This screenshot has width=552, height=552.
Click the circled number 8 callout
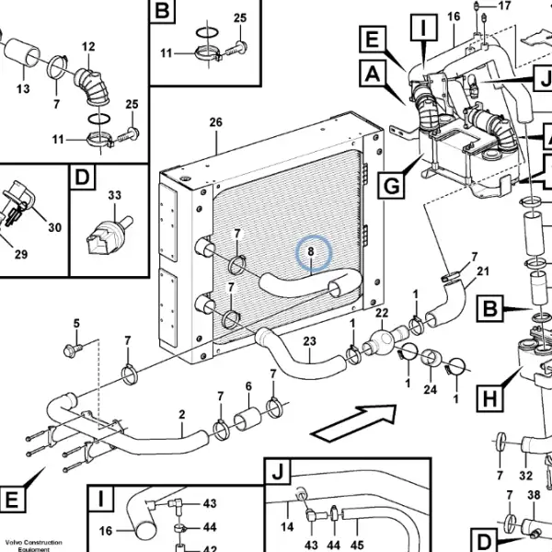311,252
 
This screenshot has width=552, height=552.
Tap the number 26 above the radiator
216,122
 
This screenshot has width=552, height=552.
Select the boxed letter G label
391,185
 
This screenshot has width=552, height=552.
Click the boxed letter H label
489,398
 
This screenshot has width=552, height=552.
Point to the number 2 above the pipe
181,414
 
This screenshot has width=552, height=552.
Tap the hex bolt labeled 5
72,351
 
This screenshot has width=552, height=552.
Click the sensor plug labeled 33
109,236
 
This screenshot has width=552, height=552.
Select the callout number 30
54,227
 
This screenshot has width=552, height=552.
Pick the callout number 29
21,254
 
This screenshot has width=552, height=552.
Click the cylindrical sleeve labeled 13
22,52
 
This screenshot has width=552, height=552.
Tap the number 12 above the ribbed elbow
88,47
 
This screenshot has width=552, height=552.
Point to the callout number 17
504,6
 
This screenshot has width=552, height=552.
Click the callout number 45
357,545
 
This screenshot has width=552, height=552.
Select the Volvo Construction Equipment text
33,546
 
